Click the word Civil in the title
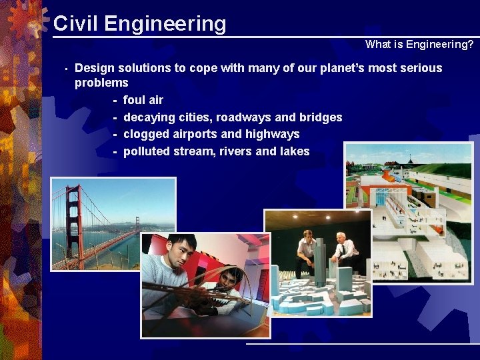click(75, 23)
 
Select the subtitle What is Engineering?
click(419, 45)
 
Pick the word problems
click(101, 83)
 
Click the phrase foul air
click(143, 100)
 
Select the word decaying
click(149, 117)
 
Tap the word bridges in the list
click(321, 117)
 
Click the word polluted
click(147, 151)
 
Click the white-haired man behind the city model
click(344, 247)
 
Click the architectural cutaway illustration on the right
click(408, 213)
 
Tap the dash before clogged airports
click(115, 135)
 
